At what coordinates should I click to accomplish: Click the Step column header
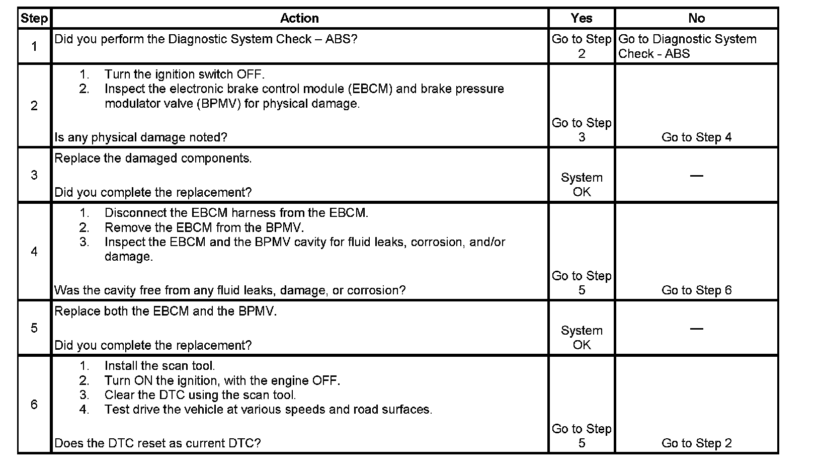34,19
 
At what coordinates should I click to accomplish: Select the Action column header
299,19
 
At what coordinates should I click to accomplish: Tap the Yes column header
581,19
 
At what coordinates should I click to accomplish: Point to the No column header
696,19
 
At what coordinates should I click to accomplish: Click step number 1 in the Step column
34,47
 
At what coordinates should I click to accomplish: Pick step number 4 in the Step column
34,252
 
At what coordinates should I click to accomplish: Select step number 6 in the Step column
34,405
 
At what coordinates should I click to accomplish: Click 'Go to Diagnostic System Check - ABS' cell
687,46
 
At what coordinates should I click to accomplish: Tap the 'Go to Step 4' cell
696,137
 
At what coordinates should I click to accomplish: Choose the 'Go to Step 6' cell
696,290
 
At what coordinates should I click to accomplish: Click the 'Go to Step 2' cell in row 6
696,443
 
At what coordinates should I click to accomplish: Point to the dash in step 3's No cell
696,176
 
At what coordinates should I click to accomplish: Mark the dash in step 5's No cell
696,329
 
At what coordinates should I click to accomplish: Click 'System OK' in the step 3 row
582,185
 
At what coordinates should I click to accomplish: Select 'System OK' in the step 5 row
582,338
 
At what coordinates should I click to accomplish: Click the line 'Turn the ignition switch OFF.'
184,74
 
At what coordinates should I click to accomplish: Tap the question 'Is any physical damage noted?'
141,137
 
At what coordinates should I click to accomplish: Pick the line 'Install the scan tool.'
159,366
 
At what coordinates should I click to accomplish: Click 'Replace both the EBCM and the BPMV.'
166,311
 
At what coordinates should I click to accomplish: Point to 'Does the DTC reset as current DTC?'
157,443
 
